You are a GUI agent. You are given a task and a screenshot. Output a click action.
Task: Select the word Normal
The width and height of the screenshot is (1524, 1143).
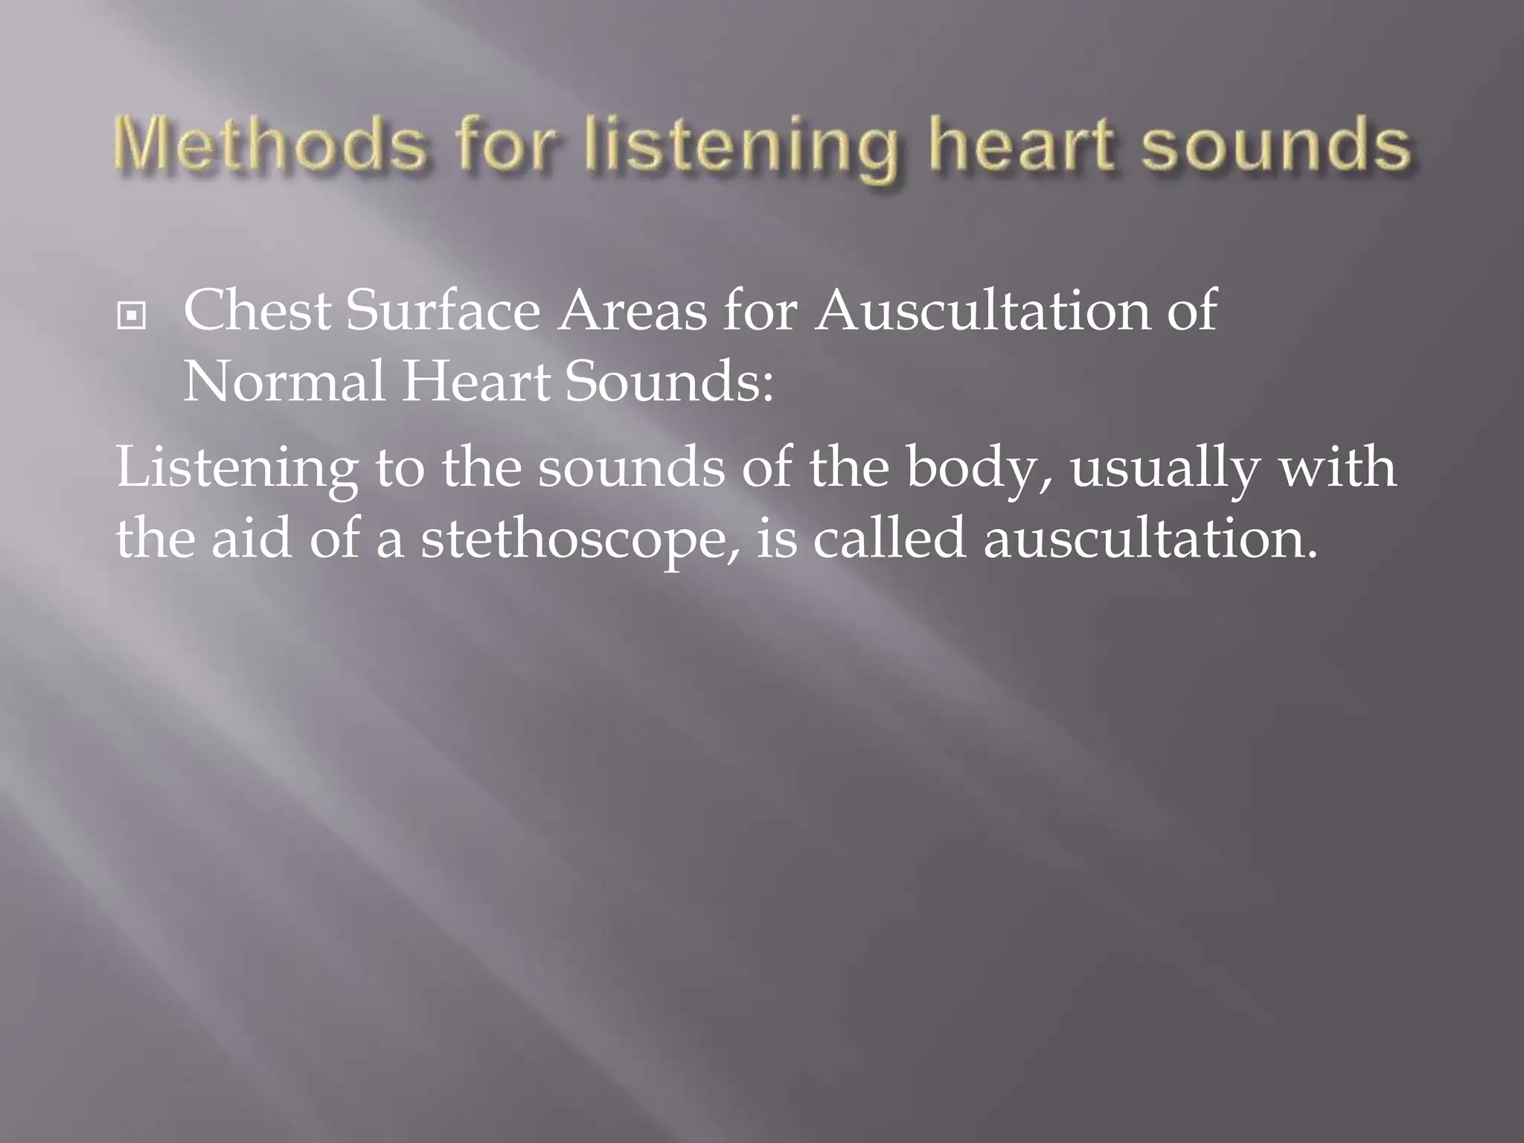(x=284, y=382)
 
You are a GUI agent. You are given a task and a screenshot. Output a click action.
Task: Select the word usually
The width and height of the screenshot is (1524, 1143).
(x=1165, y=469)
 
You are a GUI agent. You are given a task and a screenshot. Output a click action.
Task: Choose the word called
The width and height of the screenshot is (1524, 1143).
(x=889, y=537)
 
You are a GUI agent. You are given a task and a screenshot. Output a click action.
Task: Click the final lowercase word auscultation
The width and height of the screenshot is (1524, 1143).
(x=1150, y=537)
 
